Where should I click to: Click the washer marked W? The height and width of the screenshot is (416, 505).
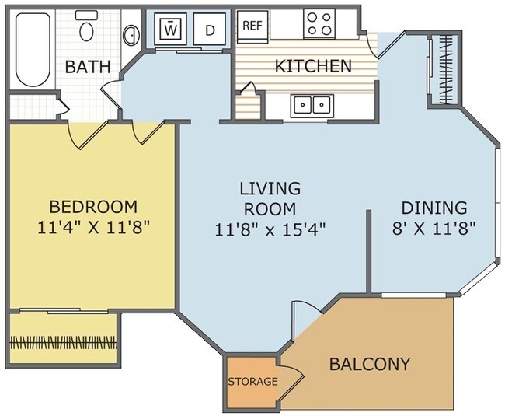coord(171,30)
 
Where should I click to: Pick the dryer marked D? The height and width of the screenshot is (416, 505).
coord(210,30)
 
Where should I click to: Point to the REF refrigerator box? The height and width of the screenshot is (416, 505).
coord(252,25)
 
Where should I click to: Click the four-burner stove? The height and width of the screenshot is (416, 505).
coord(319,23)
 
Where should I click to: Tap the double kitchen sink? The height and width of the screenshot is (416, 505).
coord(311,105)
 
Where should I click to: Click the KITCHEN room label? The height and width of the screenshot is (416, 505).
coord(313,66)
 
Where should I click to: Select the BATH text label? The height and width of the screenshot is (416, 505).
coord(87,67)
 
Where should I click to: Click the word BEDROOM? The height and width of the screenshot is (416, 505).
coord(93,207)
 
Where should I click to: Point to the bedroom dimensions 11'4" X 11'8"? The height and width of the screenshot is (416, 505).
coord(93,228)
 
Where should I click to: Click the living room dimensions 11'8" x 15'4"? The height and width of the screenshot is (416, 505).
coord(270,229)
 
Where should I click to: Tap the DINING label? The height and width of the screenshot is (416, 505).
coord(434,208)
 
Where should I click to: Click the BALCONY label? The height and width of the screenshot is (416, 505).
coord(369,364)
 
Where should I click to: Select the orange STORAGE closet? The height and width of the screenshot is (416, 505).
coord(252,382)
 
